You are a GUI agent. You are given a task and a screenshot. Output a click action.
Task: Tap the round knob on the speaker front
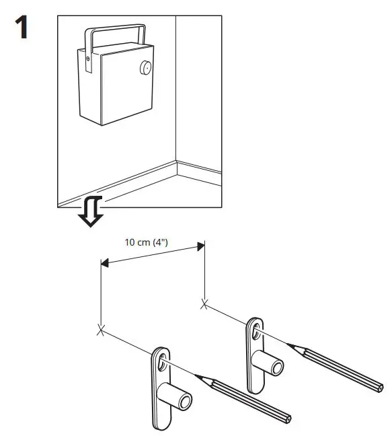[x=144, y=67]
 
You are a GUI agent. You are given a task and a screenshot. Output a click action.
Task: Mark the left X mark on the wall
[x=101, y=330]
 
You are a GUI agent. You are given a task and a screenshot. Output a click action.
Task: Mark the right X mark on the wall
[x=204, y=304]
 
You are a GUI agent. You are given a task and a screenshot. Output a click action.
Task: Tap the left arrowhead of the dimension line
[x=104, y=265]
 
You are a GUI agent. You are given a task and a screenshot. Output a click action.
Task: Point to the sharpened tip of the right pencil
[x=289, y=345]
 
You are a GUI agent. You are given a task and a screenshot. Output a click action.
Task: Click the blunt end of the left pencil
[x=290, y=419]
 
